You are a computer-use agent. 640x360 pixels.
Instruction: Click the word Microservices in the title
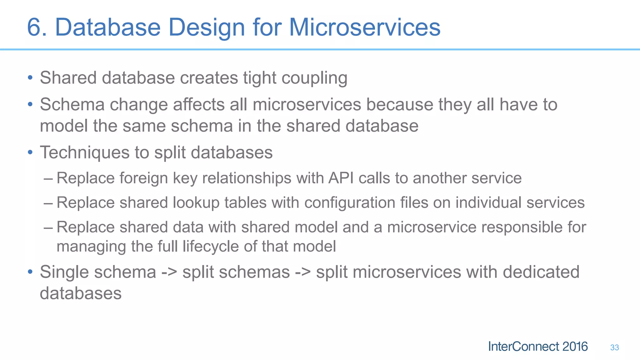pos(364,27)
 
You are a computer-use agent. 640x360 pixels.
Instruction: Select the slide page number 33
pos(614,347)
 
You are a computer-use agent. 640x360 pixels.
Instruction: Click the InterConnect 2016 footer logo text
pos(537,347)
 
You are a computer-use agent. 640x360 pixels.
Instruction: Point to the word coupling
pos(314,78)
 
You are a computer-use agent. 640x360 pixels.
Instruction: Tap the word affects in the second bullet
pos(199,105)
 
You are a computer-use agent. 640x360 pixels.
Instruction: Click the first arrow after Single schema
pos(169,272)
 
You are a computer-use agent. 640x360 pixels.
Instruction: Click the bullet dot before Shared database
pos(30,77)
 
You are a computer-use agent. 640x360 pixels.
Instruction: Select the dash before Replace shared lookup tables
pos(48,203)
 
